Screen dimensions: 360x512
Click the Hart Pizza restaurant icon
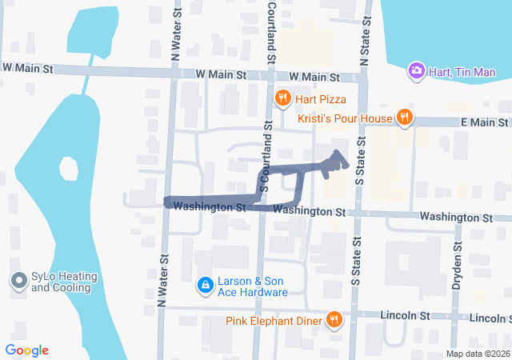tap(282, 99)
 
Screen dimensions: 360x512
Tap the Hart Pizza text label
tap(320, 99)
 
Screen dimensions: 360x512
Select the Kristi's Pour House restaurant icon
tap(405, 118)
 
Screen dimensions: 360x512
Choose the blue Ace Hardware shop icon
tap(206, 285)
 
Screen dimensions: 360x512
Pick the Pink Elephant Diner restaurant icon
tap(334, 321)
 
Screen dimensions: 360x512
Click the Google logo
tap(26, 350)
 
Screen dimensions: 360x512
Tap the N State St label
tap(364, 44)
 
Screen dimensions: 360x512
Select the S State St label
tap(359, 160)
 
